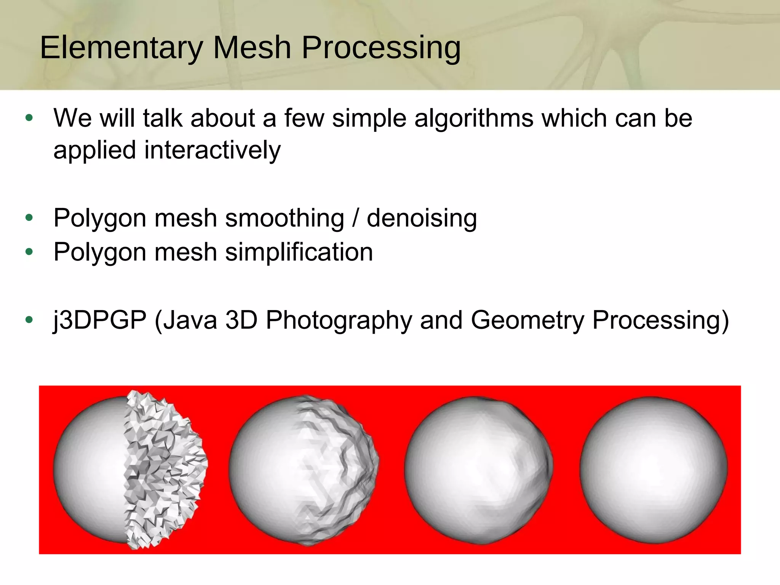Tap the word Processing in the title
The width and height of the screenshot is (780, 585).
click(381, 48)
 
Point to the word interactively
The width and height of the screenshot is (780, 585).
click(212, 150)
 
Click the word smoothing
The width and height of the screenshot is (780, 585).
click(285, 218)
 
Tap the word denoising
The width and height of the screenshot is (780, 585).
click(422, 218)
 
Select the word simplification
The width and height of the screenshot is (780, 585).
click(299, 252)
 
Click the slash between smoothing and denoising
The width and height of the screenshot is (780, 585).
click(355, 218)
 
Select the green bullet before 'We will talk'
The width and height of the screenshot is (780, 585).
click(29, 118)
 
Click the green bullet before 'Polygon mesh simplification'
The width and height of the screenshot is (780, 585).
click(29, 252)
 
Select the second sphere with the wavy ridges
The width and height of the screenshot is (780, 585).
click(304, 470)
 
